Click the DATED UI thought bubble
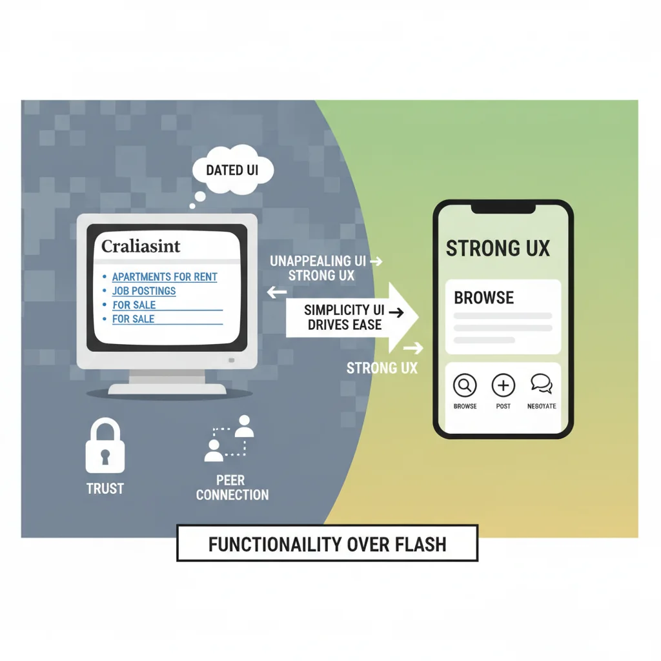233,171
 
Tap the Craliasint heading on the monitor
141,246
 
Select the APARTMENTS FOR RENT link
165,277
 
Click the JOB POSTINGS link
144,291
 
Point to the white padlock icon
105,445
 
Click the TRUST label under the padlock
105,489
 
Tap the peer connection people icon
230,439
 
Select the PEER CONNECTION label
232,488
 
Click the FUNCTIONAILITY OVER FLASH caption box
327,544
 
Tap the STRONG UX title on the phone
498,249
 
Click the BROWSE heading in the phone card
484,298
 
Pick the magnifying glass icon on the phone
465,385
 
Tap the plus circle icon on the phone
503,385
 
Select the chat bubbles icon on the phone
542,385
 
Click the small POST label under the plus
503,407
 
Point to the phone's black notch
503,208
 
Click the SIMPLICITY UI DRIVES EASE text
345,318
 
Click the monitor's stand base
167,389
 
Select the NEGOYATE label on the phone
542,407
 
